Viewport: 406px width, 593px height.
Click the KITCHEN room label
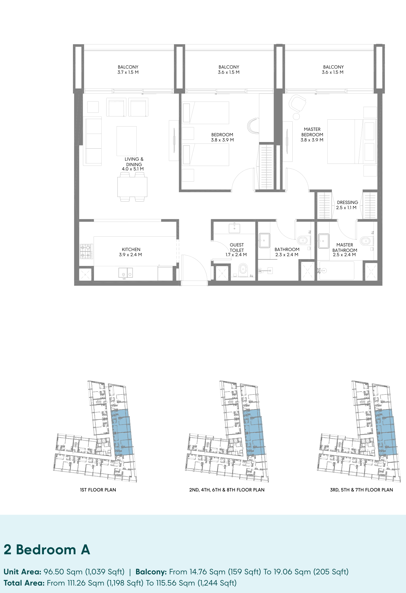131,249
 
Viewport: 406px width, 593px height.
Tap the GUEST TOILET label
237,247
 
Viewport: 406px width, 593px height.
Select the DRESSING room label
347,202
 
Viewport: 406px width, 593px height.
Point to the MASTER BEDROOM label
312,132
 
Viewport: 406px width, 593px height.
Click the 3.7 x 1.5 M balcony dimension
128,72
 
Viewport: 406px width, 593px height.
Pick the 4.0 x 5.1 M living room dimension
133,169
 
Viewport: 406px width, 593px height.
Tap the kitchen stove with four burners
86,251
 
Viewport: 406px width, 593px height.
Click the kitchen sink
125,273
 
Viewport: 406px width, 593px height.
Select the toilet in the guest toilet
243,270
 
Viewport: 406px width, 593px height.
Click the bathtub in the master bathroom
337,271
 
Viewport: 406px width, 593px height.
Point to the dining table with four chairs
132,187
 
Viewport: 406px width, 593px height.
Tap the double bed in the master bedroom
352,141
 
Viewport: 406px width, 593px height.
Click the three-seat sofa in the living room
92,141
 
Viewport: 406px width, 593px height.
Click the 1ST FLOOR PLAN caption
98,490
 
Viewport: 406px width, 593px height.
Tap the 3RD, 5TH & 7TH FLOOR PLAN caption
361,490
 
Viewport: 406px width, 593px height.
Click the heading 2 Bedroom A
47,550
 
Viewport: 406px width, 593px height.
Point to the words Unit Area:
22,572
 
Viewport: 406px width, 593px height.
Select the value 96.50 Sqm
63,572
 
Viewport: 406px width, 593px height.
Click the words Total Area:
24,583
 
